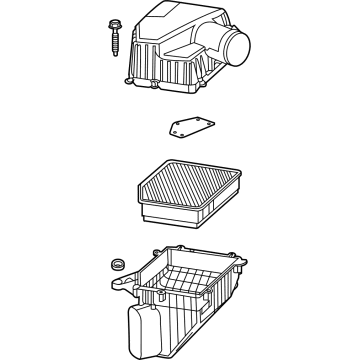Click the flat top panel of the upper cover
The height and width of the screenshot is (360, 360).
[x=168, y=22]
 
